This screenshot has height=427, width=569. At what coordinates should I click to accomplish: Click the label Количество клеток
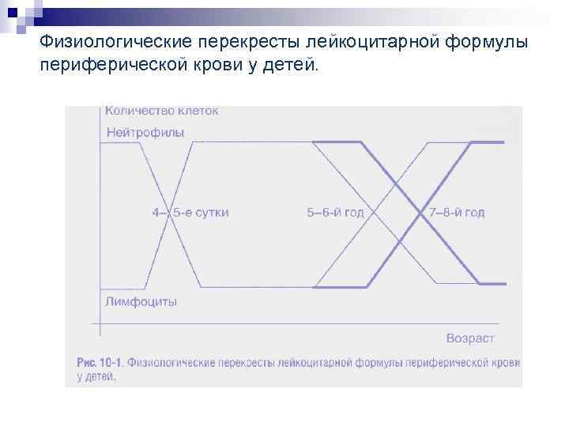point(162,111)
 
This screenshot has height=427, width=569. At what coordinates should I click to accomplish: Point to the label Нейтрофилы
point(145,133)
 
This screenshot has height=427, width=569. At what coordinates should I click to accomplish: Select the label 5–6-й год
point(334,212)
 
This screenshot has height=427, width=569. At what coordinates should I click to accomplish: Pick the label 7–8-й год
point(458,212)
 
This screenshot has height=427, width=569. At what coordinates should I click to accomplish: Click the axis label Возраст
point(470,338)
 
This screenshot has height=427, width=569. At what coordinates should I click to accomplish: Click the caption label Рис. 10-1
point(99,363)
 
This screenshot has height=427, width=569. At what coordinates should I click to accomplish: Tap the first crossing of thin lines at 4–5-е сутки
point(169,213)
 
